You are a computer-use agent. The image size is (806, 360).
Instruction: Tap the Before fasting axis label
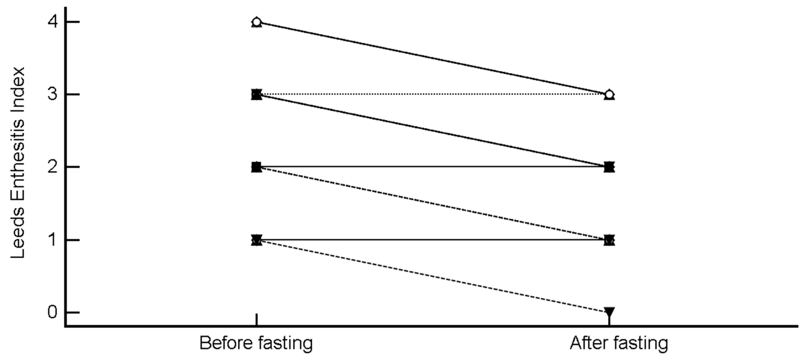(256, 343)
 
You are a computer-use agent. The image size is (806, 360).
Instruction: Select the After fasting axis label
(619, 343)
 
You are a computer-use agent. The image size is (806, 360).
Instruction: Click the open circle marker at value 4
(257, 22)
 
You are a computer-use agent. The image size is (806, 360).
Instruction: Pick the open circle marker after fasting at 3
(609, 94)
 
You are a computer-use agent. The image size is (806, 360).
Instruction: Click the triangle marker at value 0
(609, 311)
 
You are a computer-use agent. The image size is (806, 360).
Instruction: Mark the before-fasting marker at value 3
(257, 94)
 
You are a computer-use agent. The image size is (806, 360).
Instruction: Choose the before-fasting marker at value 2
(257, 167)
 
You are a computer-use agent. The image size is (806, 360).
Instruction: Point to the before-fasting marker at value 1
(257, 240)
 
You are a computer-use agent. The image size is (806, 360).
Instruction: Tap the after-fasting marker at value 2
(609, 167)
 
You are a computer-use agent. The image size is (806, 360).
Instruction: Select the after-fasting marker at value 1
(609, 240)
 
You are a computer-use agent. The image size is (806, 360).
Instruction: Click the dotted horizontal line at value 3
(432, 94)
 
